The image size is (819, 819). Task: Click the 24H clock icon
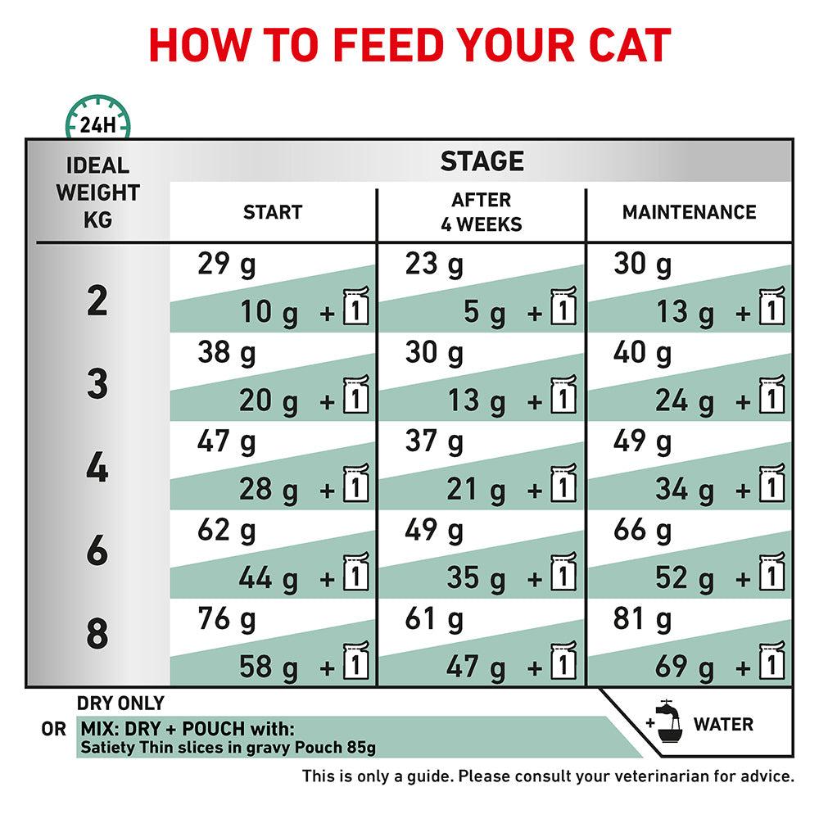coord(97,121)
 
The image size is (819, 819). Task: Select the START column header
coord(273,213)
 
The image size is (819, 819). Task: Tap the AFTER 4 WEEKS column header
coord(482,212)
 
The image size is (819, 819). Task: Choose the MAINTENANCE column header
coord(689,213)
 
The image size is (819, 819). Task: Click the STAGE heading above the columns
coord(482,161)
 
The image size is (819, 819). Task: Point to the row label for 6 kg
coord(97,551)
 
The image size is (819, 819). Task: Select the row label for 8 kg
coord(97,635)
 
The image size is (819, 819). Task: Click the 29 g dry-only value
coord(227,265)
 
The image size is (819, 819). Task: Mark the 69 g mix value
coord(685,665)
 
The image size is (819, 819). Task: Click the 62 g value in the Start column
coord(227,532)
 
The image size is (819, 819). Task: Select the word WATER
coord(723,724)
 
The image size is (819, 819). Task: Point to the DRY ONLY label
coord(120,704)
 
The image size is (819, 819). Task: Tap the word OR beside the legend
coord(53,727)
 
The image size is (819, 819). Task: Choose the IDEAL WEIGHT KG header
coord(97,192)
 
